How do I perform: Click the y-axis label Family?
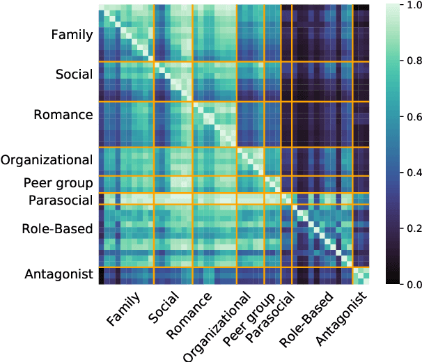tap(72, 35)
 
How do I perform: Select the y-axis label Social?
tap(74, 74)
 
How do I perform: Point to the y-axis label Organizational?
tap(47, 160)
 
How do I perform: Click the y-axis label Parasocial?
tap(61, 201)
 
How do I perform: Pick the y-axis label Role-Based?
tap(58, 228)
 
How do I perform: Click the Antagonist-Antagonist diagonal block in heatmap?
tap(361, 276)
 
